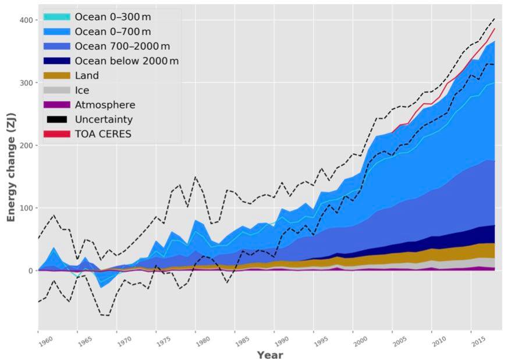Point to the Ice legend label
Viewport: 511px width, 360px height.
point(82,90)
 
